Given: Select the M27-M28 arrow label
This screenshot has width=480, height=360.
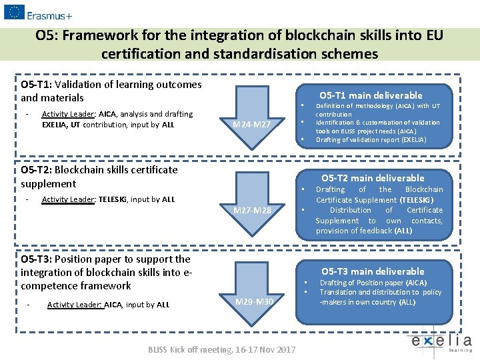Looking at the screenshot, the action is coord(253,211).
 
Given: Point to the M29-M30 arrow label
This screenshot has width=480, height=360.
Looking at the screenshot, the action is coord(255,302).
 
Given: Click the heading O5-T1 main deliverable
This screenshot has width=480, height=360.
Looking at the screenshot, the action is coord(371,95).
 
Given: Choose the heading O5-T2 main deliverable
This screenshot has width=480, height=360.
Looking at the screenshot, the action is coord(373,178).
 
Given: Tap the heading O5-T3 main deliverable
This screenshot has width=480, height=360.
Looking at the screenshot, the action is coord(373,271).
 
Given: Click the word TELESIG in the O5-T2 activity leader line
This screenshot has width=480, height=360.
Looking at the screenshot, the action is coord(113,199).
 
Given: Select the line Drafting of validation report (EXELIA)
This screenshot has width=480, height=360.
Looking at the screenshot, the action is coord(371,140).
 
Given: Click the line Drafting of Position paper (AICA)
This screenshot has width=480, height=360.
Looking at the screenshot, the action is coord(373,283).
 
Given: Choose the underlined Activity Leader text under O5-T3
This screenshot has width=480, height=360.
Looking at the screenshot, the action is coord(74,305).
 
